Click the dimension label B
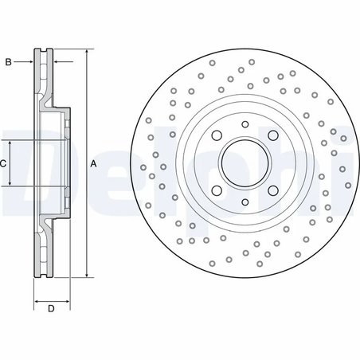click(x=9, y=60)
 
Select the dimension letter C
click(x=4, y=163)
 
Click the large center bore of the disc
click(x=245, y=163)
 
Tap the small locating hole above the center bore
click(x=245, y=124)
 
